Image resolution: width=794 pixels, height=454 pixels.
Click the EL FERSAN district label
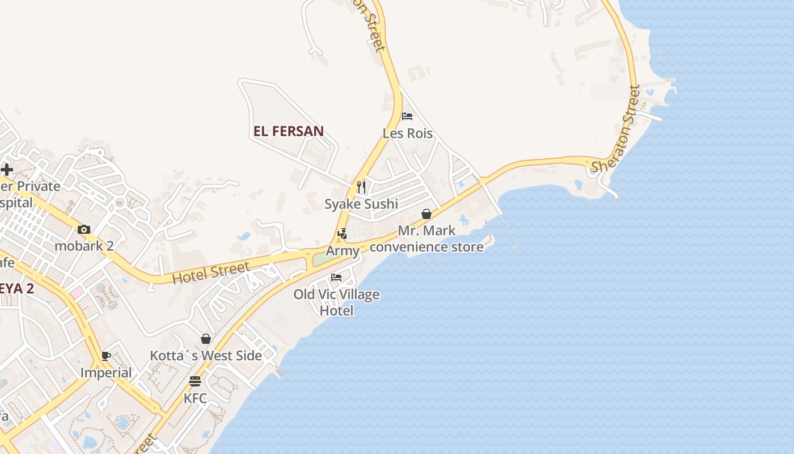click(x=288, y=131)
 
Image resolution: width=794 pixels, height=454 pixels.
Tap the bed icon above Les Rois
click(x=407, y=116)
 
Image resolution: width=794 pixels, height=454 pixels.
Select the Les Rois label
click(x=407, y=134)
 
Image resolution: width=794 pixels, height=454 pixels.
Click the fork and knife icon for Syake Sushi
click(x=361, y=187)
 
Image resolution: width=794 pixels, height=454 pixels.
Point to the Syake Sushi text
click(x=361, y=204)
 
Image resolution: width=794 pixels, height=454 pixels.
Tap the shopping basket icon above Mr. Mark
click(x=426, y=214)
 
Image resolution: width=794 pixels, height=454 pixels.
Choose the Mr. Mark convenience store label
click(x=426, y=239)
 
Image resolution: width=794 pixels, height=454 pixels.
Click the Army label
click(x=343, y=251)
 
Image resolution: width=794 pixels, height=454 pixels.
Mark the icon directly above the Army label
click(x=342, y=233)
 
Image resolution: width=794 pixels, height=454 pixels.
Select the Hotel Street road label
click(x=211, y=273)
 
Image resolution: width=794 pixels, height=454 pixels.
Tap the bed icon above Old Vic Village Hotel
click(x=336, y=278)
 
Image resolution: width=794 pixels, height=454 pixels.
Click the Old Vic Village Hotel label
click(x=336, y=302)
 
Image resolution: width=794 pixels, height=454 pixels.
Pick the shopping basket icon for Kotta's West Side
click(x=206, y=339)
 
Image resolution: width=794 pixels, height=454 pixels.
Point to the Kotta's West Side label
click(x=206, y=356)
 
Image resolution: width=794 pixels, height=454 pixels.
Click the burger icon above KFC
click(x=195, y=381)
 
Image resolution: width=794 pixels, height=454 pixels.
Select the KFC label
click(x=195, y=398)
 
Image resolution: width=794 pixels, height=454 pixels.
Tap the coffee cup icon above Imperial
click(x=106, y=356)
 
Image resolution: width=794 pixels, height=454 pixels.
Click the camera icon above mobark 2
click(x=84, y=229)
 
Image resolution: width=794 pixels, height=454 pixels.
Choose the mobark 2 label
click(x=84, y=246)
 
